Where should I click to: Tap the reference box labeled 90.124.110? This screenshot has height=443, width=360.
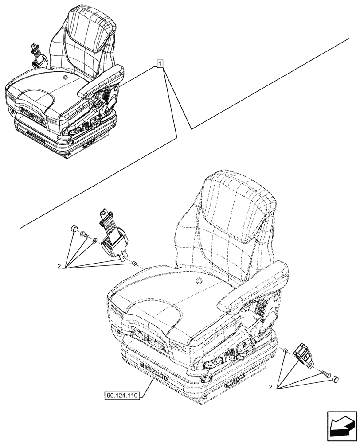[x=122, y=395]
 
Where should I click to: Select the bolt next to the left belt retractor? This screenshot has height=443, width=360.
[x=85, y=236]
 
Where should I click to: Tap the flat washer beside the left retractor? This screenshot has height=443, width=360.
[x=95, y=241]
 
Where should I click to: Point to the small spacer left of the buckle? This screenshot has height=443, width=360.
[x=286, y=351]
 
